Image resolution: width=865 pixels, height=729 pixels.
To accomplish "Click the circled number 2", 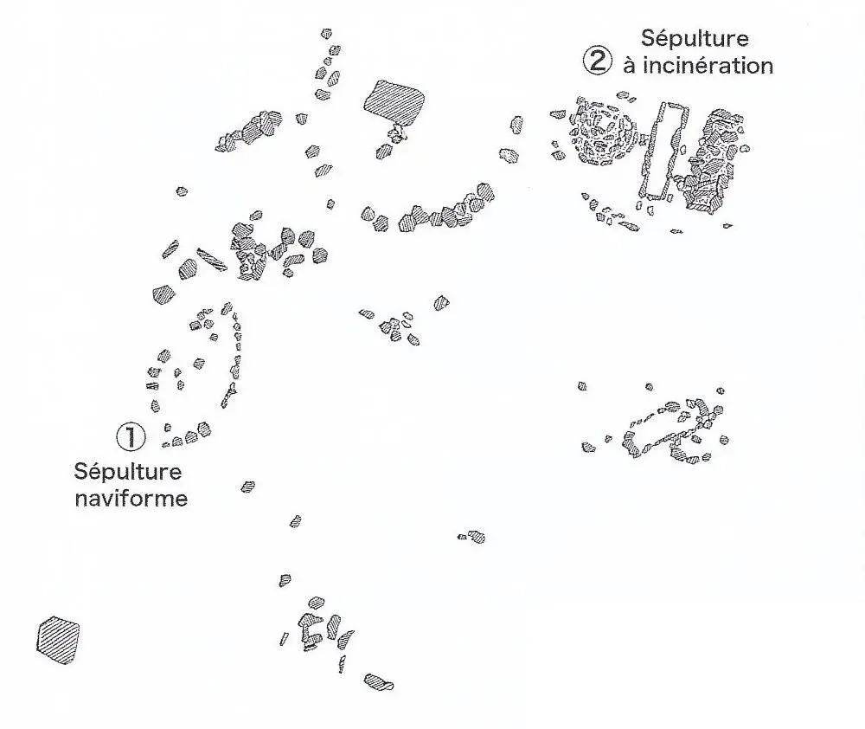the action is tap(597, 61).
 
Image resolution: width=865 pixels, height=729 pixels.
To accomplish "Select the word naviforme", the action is tap(131, 499).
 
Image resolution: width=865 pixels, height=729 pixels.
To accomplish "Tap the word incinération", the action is tap(698, 65).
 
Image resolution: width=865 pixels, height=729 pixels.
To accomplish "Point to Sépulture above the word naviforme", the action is tap(128, 472).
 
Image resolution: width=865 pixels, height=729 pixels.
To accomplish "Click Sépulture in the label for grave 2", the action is tap(695, 38).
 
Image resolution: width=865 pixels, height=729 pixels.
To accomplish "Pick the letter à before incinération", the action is tap(629, 66).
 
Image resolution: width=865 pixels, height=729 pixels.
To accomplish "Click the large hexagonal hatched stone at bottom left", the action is tap(58, 640).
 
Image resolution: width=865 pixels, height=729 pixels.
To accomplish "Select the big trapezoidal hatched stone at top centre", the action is tap(394, 101).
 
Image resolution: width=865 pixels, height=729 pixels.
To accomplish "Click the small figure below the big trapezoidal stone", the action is tap(398, 132).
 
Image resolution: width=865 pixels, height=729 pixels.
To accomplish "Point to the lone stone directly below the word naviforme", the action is tap(248, 487).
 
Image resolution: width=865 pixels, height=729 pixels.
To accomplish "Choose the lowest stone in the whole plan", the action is tap(379, 682).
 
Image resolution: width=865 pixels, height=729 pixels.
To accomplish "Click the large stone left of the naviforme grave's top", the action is tap(164, 293).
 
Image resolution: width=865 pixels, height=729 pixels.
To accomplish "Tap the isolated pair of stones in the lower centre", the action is tap(471, 537).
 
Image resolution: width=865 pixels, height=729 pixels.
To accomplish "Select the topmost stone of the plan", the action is tap(326, 34).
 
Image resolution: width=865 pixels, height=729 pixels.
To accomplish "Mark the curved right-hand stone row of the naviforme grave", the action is tap(234, 351).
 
